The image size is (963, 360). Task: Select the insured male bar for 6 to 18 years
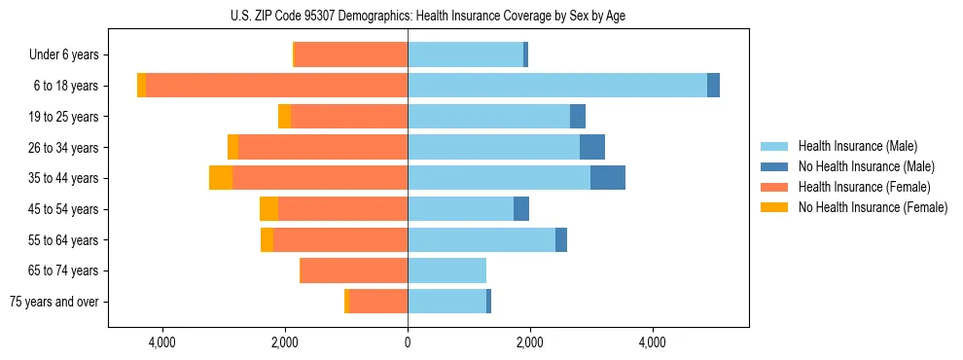[556, 85]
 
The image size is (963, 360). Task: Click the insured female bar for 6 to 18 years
[276, 85]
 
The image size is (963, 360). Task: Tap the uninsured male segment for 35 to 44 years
[607, 178]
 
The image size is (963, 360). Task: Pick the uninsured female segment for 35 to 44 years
[221, 178]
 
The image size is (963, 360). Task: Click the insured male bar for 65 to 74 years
[446, 270]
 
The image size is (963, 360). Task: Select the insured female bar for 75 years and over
[377, 302]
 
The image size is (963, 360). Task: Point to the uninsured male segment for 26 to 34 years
[591, 147]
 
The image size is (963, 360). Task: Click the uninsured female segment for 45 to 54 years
[268, 209]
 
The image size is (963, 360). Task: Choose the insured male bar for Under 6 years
[465, 54]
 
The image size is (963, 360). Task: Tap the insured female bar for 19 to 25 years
[348, 116]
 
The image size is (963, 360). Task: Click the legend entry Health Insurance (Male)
[857, 146]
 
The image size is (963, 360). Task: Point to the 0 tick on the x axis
[408, 342]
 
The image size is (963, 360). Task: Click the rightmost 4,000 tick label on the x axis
[653, 342]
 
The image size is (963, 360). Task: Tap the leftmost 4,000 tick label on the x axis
[161, 342]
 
